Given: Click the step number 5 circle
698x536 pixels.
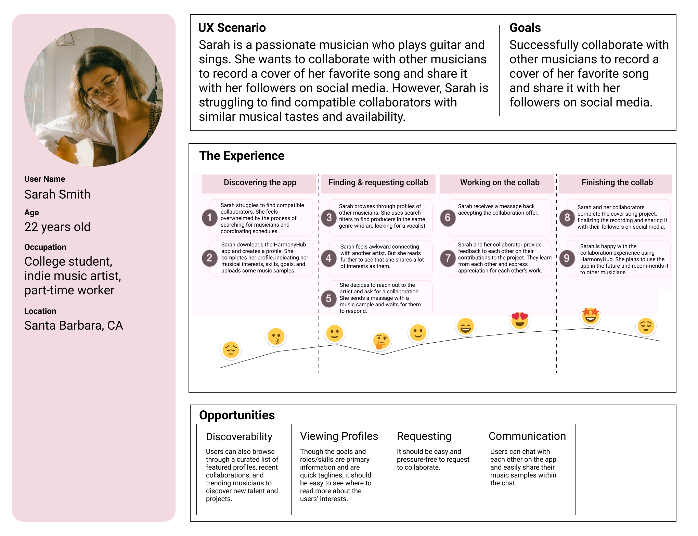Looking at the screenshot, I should (328, 298).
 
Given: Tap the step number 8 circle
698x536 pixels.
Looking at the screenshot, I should (567, 217).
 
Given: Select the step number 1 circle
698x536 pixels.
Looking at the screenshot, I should (209, 218).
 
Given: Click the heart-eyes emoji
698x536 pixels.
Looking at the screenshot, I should (519, 320).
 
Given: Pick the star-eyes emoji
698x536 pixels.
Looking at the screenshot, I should (591, 316).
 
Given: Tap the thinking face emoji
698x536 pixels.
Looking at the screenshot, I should (381, 341).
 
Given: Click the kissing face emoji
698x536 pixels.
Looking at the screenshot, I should (276, 337).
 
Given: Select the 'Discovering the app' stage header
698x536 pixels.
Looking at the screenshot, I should (260, 183).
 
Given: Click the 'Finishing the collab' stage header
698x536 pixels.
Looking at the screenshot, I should (617, 183).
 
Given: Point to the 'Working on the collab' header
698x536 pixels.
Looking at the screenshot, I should (500, 183).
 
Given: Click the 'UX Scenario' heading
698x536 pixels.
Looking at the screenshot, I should (232, 28).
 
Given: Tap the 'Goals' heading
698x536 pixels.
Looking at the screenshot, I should (525, 28).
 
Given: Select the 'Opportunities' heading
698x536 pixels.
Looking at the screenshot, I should (237, 415).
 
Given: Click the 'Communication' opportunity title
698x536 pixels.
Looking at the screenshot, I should (527, 436).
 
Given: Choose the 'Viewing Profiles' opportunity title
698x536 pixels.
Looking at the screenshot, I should (339, 436).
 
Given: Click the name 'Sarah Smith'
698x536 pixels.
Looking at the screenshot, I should (57, 194).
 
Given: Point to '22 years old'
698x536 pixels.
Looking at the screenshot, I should (57, 227).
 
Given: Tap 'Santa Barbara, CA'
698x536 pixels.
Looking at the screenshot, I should (74, 326).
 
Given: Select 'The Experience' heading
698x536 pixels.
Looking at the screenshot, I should (242, 156).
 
